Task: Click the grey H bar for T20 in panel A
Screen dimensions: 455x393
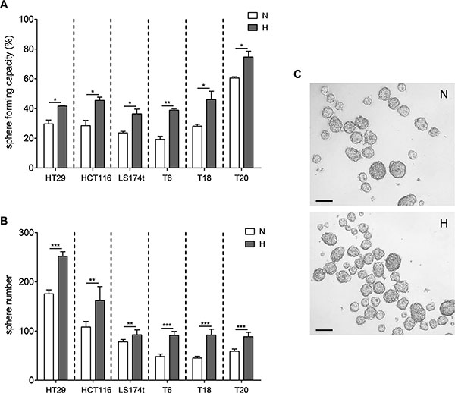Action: (249, 112)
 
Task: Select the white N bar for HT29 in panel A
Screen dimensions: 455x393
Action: (49, 146)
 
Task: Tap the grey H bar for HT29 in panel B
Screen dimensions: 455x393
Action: (62, 318)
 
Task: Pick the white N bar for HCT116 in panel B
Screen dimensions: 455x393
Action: (86, 354)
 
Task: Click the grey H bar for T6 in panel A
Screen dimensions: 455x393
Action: (174, 139)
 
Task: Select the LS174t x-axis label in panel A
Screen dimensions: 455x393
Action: (132, 178)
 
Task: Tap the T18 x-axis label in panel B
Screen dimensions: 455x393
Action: (204, 389)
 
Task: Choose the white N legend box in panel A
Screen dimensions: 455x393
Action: (253, 15)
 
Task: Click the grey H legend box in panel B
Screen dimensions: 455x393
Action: (250, 244)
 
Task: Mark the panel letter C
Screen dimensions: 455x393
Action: (297, 74)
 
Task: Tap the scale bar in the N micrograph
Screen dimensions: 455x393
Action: (324, 201)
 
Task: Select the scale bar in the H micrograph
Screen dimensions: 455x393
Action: (324, 330)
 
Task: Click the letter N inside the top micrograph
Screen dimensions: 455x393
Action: (444, 94)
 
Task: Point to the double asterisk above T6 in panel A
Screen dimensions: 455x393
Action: (167, 102)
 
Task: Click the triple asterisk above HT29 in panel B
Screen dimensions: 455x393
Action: (55, 246)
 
